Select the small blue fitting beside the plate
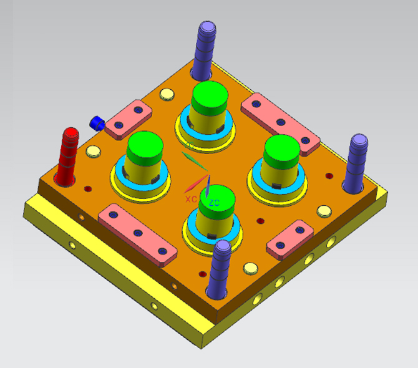pos(96,122)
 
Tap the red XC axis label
pos(191,198)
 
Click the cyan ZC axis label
pos(214,203)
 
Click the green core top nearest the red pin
pos(145,147)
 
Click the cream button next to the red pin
pos(94,152)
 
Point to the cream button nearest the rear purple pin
pos(167,95)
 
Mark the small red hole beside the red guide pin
pos(87,188)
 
